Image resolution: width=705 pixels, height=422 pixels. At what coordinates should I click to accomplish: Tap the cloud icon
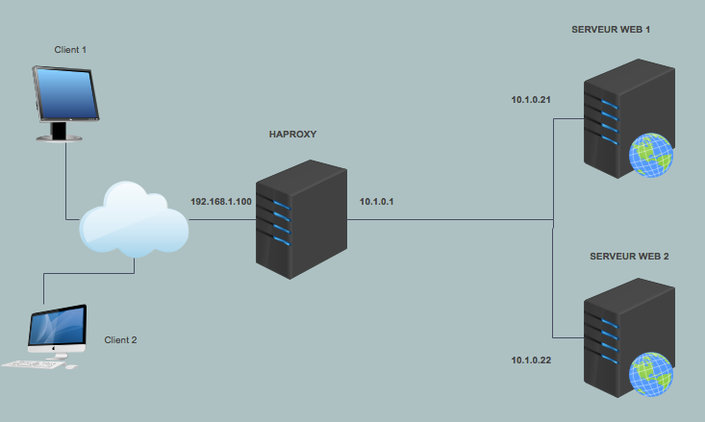coord(133,220)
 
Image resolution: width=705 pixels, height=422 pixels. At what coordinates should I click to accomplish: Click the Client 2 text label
coord(121,340)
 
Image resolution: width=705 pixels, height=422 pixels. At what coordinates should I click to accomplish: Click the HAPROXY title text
coord(292,135)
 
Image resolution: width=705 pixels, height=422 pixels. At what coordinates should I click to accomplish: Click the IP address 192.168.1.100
coord(221,202)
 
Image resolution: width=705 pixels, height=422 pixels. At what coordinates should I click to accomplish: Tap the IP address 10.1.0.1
coord(377,202)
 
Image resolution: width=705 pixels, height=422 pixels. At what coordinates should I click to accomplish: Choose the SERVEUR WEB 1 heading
coord(611,30)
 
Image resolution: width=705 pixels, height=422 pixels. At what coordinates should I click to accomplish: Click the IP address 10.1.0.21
coord(531,100)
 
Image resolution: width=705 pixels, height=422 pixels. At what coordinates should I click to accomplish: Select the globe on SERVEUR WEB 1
coord(650,157)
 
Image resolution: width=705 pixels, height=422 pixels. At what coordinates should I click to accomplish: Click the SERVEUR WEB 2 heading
coord(629,258)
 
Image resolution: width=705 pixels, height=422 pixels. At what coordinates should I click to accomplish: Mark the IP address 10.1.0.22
coord(531,360)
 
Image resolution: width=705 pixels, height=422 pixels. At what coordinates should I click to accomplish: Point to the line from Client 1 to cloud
coord(65,183)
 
